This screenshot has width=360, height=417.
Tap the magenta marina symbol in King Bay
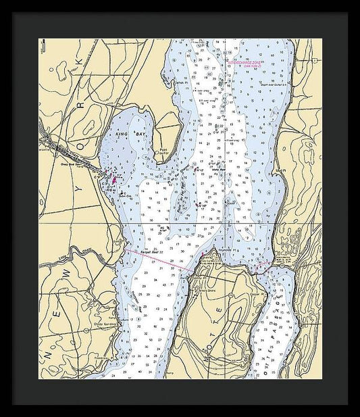[114, 180]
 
